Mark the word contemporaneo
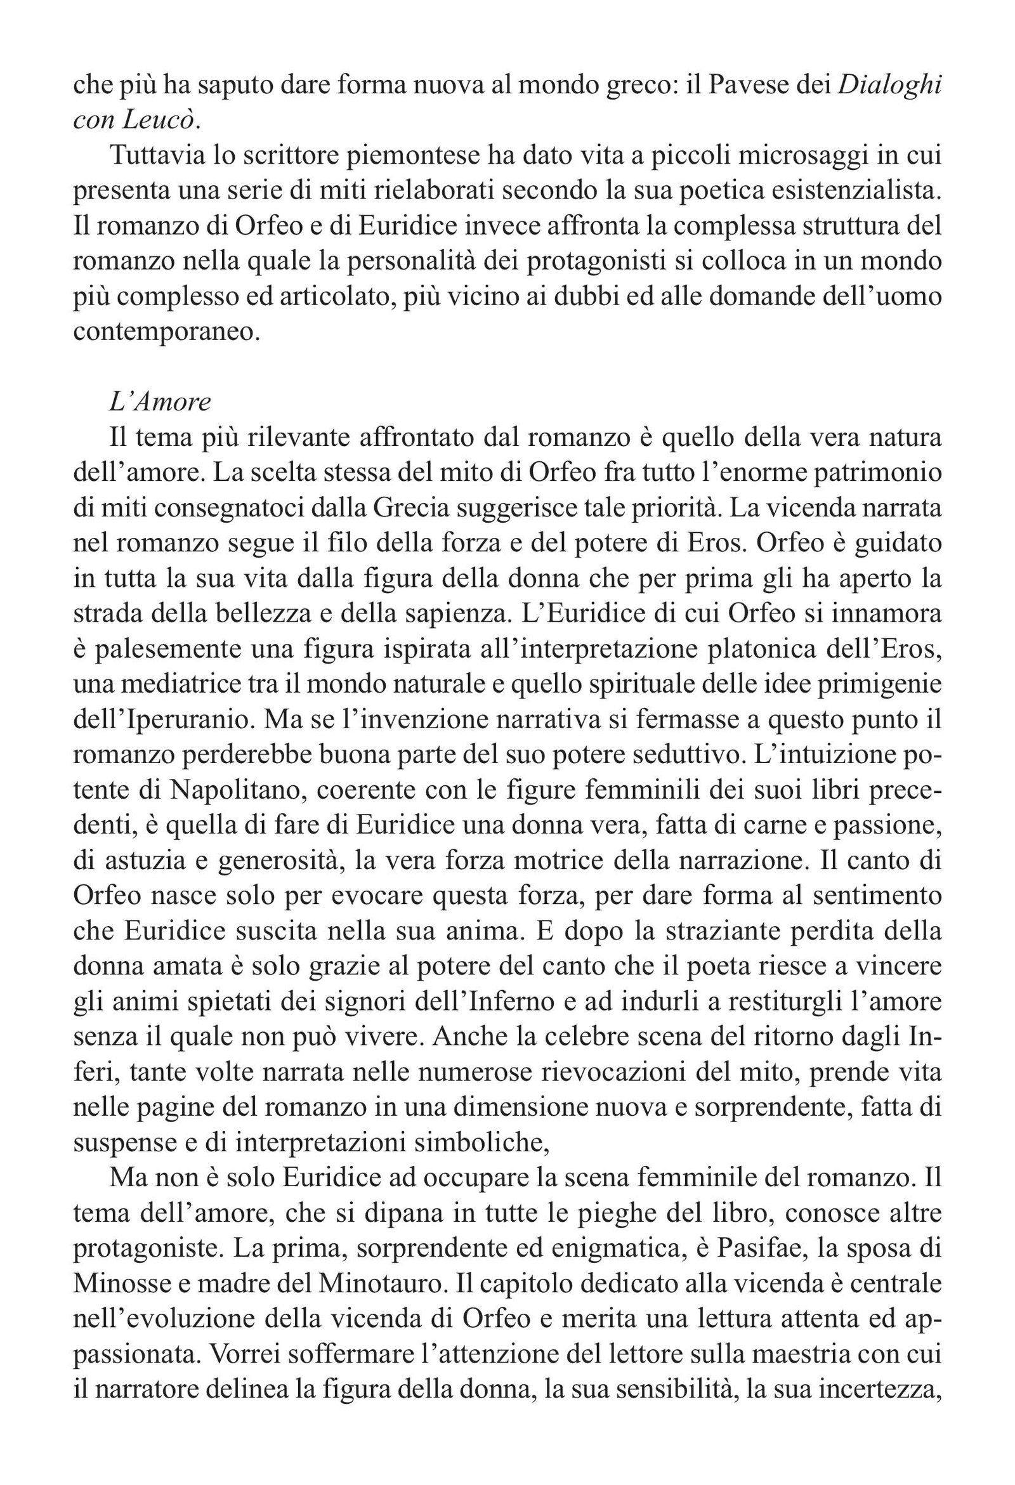point(167,331)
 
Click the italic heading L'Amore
point(160,402)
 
